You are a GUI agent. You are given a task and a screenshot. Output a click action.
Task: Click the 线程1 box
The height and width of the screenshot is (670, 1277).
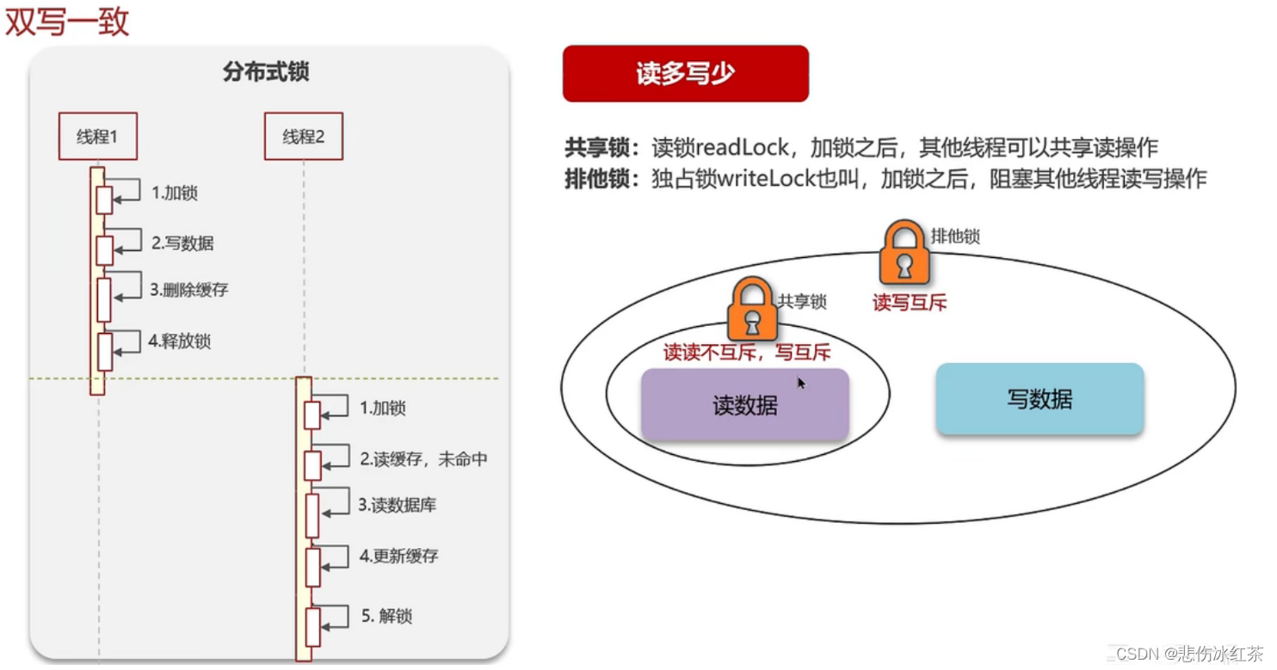click(x=97, y=136)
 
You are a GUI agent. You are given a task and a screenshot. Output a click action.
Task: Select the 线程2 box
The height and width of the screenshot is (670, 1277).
click(x=303, y=136)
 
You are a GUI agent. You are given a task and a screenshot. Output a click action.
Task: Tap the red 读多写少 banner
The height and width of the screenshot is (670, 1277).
click(x=685, y=74)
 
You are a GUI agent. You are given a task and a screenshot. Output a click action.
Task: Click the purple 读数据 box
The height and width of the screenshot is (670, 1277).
click(x=744, y=405)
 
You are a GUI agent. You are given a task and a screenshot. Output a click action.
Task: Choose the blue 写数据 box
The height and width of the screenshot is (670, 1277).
click(x=1039, y=399)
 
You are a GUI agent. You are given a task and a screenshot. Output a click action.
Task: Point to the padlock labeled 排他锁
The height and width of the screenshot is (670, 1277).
click(x=904, y=252)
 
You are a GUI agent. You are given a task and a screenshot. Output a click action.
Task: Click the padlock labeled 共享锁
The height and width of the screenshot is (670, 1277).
click(x=752, y=310)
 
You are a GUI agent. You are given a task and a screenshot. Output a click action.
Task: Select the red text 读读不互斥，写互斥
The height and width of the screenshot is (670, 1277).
click(x=746, y=353)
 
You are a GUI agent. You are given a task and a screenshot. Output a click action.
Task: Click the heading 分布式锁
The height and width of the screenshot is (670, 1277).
click(x=266, y=72)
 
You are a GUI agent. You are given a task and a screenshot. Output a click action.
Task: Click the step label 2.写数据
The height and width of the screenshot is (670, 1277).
click(x=182, y=243)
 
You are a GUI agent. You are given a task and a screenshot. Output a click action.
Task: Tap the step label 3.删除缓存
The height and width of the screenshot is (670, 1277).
click(x=189, y=290)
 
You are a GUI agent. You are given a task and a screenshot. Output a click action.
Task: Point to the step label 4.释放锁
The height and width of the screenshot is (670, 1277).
click(x=179, y=341)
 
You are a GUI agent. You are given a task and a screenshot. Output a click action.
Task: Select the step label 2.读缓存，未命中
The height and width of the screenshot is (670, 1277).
click(x=423, y=459)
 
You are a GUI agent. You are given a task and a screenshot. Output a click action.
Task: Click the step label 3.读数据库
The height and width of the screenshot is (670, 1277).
click(x=398, y=505)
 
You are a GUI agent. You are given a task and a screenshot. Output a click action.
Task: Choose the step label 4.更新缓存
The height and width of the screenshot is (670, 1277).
click(x=398, y=556)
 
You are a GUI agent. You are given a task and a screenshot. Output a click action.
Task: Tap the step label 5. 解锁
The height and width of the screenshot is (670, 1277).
click(x=386, y=616)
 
